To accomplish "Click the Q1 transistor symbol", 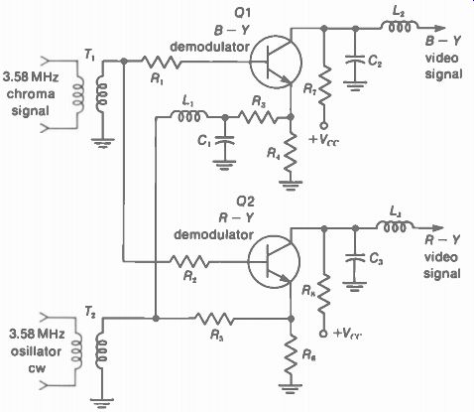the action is [x=276, y=63].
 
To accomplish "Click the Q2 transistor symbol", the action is [x=274, y=262].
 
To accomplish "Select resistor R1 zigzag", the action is [x=162, y=62].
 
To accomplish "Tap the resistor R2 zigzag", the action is [x=189, y=261].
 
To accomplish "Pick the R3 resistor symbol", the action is [x=258, y=117].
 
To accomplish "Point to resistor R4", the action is [x=291, y=151].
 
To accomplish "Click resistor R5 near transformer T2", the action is [x=214, y=319].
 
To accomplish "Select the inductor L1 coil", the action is [x=189, y=115].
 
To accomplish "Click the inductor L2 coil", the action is [x=400, y=27].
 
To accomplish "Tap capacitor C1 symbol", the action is [x=225, y=140].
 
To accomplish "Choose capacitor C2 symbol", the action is [x=355, y=60].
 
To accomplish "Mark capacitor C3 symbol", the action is [x=354, y=259].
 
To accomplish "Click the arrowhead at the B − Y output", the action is [x=439, y=29].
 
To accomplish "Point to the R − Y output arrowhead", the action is [x=438, y=228].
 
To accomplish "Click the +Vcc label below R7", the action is [x=324, y=139].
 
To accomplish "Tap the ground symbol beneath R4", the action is [x=291, y=186].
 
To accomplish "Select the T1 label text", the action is [x=89, y=55].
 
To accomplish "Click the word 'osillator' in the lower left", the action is [x=36, y=351].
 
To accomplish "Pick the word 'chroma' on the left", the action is [x=31, y=94].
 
